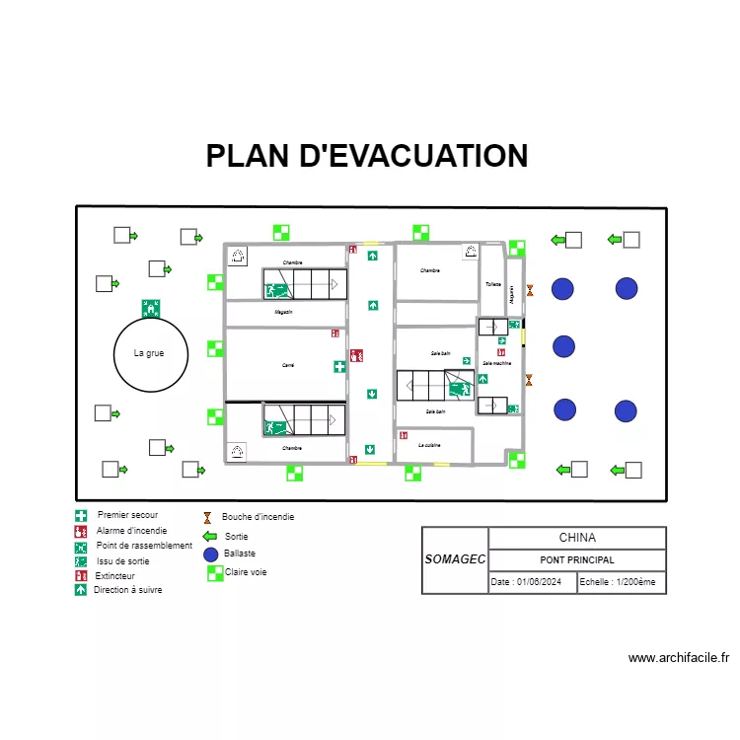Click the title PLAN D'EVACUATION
pos(367,156)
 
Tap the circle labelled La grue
pos(150,353)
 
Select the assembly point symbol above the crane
pos(151,308)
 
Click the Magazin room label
pos(283,312)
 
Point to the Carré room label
pos(288,365)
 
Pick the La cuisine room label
pos(429,445)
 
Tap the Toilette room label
pos(492,283)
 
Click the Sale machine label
pos(496,363)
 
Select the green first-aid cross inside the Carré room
pos(339,366)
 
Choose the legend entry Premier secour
pos(127,515)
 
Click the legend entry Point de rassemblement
pos(144,546)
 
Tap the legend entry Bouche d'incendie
pos(258,516)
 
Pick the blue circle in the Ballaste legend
pos(210,555)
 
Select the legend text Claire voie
pos(246,572)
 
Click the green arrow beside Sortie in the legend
pos(209,537)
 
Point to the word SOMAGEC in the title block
pos(455,559)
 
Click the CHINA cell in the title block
pos(577,538)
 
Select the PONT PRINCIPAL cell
pos(577,559)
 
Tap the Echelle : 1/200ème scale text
pos(617,582)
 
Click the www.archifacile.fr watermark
pos(678,658)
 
